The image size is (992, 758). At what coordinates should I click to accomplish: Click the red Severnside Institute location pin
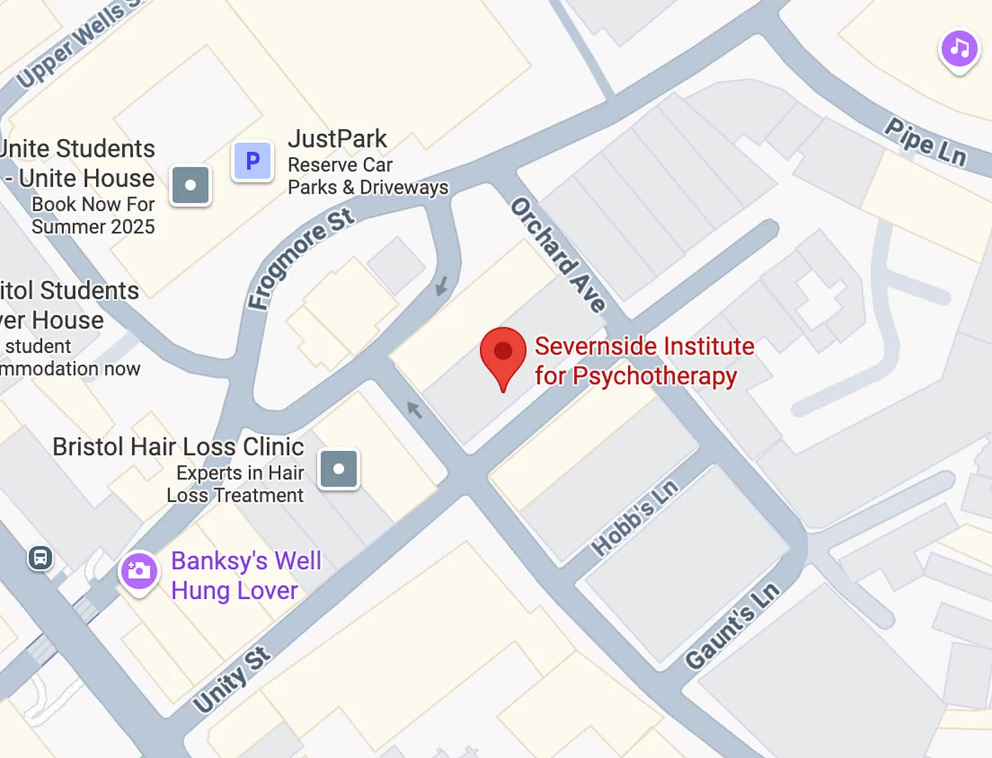(x=503, y=353)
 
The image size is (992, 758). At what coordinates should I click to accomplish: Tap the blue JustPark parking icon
(x=253, y=161)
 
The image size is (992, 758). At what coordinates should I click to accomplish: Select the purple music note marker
(x=959, y=49)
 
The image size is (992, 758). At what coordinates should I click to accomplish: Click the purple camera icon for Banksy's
(x=140, y=571)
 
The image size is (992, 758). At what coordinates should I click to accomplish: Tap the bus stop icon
(x=40, y=559)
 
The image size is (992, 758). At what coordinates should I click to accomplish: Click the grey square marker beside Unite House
(x=190, y=186)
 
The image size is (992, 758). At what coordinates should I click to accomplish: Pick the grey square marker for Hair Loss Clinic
(x=338, y=469)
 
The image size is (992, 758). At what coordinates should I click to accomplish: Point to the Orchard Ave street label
(x=558, y=255)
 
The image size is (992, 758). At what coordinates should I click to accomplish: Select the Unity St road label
(x=232, y=680)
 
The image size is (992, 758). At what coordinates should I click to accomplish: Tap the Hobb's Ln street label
(x=635, y=517)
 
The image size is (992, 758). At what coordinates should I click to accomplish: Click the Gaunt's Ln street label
(x=733, y=625)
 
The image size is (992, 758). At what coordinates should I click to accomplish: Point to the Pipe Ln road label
(x=926, y=142)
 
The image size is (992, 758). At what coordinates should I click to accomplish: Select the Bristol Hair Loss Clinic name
(x=178, y=447)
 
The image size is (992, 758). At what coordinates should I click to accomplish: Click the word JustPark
(x=337, y=139)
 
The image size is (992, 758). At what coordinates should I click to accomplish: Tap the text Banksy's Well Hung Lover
(x=246, y=575)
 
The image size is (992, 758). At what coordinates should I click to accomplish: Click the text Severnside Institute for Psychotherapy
(x=644, y=361)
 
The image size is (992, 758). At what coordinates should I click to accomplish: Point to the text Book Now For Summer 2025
(x=93, y=216)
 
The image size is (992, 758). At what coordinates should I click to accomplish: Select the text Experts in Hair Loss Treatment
(x=235, y=484)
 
